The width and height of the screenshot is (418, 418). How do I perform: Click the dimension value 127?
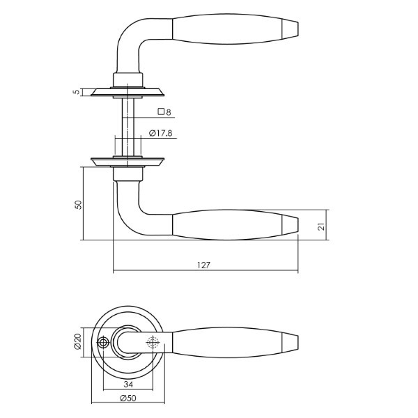pos(203,265)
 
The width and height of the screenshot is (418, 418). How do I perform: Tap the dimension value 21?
pos(323,226)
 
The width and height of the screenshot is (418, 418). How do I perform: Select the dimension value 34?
pos(128,384)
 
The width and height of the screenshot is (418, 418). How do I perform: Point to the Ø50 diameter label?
pos(128,398)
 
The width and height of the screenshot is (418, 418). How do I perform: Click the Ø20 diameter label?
pos(78,341)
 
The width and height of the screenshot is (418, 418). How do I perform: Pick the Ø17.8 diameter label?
pos(161,133)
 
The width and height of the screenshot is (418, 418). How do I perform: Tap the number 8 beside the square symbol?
pos(168,112)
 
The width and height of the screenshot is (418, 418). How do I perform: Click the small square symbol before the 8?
pos(161,111)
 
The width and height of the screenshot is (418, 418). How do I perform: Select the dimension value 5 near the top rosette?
pos(77,92)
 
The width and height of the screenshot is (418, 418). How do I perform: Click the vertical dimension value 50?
pos(79,205)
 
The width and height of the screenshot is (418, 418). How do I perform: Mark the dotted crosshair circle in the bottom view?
pos(153,342)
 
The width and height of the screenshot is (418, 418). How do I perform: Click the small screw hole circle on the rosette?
pos(103,343)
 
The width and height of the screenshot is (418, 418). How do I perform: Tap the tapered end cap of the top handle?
pos(290,28)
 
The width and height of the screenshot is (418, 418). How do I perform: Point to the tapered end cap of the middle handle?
pos(290,224)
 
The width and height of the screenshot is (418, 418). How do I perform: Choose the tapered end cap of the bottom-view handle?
pos(290,342)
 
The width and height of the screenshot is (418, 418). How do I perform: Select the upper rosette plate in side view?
pos(127,92)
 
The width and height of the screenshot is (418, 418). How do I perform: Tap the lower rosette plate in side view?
pos(127,162)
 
